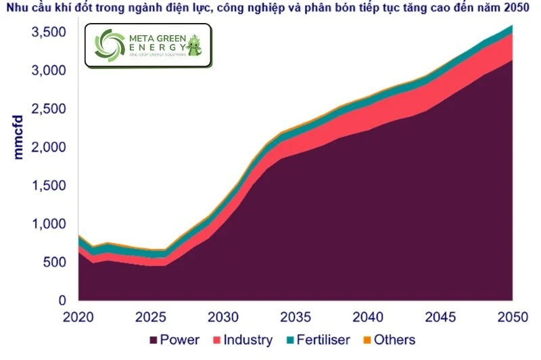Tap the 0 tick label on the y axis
point(62,300)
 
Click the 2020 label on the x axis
point(80,317)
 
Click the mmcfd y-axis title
point(18,137)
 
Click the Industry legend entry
point(248,340)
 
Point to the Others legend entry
point(394,340)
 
